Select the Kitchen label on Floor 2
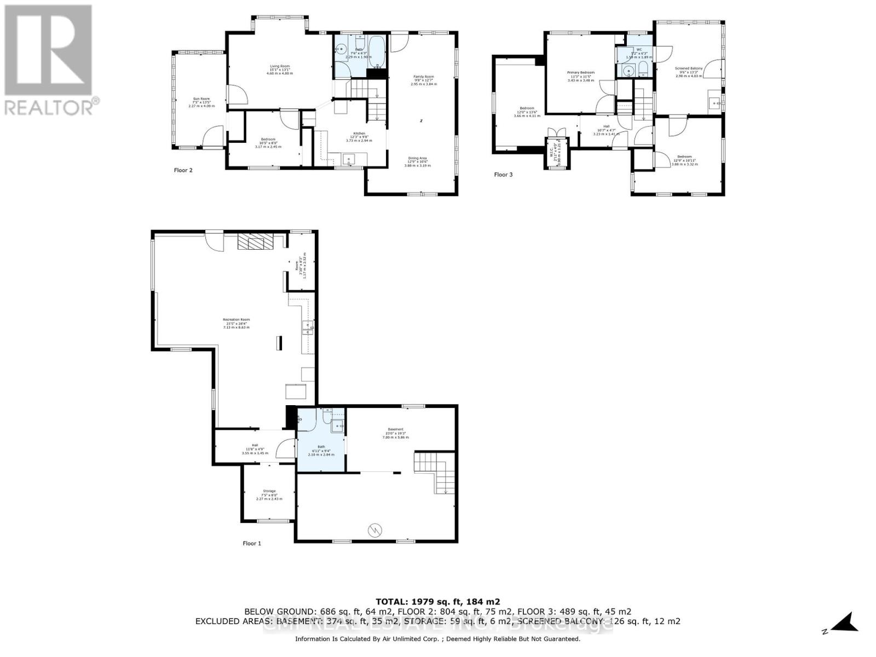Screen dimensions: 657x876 [359, 137]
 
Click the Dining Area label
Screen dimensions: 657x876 [417, 162]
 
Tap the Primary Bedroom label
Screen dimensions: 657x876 [580, 75]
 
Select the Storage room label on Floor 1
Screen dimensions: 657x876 [269, 494]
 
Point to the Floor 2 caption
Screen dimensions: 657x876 [183, 170]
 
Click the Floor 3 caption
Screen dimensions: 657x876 [503, 175]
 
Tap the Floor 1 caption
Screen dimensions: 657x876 [252, 543]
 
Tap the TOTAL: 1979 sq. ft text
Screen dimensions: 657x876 [437, 602]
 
